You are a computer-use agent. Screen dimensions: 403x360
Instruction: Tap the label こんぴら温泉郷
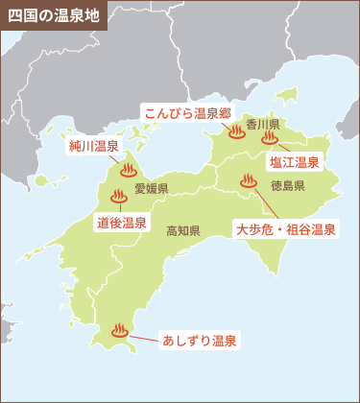187,112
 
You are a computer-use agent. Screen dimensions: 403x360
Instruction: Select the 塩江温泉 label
294,162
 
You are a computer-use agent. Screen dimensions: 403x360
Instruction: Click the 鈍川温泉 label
93,148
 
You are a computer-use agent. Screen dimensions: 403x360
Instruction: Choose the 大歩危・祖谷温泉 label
285,229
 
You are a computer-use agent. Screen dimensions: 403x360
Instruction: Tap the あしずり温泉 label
200,341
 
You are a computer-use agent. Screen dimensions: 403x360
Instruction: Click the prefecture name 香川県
261,125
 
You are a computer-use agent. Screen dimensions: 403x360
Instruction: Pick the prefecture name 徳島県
287,185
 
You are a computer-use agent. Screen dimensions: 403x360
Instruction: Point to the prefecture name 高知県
182,230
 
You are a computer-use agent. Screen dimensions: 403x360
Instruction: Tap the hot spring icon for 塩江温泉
269,137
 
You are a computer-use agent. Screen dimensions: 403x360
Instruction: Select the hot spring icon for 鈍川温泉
128,172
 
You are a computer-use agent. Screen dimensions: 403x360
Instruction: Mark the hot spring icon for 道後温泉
119,197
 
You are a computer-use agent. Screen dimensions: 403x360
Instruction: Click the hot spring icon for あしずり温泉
119,331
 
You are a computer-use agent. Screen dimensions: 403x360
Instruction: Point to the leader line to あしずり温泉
143,337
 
